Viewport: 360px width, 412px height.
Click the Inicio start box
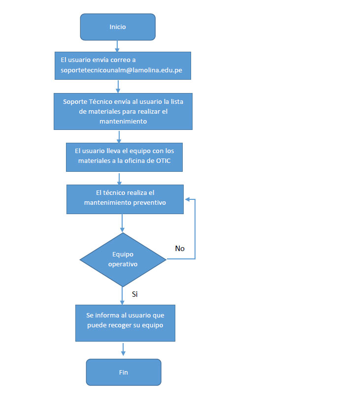tap(118, 27)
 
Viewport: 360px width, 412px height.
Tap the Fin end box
tap(123, 372)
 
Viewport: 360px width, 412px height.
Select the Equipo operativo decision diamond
tap(123, 259)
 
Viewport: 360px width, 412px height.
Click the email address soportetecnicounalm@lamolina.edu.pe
tap(121, 70)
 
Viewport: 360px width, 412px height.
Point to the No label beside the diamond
tap(180, 249)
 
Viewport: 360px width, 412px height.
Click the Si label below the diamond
tap(135, 294)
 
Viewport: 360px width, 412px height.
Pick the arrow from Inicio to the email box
tap(118, 46)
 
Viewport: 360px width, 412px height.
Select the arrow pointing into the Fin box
tap(123, 350)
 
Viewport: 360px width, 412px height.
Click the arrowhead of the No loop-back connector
tap(188, 200)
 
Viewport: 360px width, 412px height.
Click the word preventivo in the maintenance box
tap(150, 202)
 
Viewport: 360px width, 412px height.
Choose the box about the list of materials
tap(123, 111)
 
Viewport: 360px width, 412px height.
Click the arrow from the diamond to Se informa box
tap(123, 295)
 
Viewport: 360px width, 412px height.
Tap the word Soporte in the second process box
tap(75, 102)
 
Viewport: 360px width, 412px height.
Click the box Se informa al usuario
tap(125, 323)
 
